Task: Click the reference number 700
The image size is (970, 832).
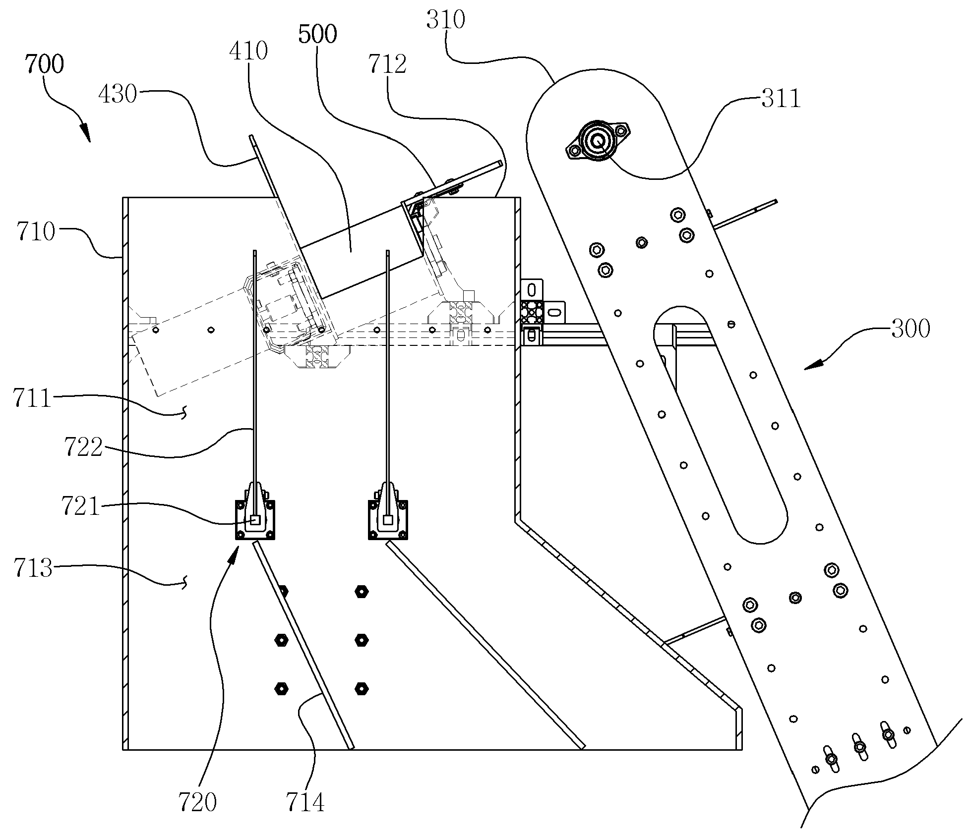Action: pyautogui.click(x=44, y=64)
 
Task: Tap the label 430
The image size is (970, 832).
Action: pyautogui.click(x=118, y=94)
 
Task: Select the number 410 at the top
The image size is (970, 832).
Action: pyautogui.click(x=249, y=51)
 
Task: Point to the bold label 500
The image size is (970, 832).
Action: pyautogui.click(x=318, y=35)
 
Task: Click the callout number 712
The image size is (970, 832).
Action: pyautogui.click(x=387, y=64)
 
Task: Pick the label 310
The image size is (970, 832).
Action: pyautogui.click(x=446, y=20)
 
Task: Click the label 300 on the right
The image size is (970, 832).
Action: pyautogui.click(x=910, y=328)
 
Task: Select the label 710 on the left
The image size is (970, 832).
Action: pyautogui.click(x=35, y=231)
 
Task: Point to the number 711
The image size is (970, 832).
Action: pyautogui.click(x=32, y=398)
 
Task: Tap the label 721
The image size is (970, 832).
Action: pyautogui.click(x=80, y=506)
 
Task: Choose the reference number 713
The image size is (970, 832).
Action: pyautogui.click(x=33, y=568)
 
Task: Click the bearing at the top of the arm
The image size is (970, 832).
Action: pyautogui.click(x=598, y=141)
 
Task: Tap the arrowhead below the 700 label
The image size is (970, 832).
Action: pyautogui.click(x=85, y=132)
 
